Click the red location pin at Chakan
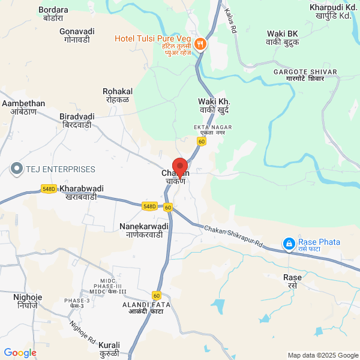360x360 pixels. pyautogui.click(x=180, y=166)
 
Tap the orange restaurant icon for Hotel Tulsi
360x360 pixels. pyautogui.click(x=200, y=44)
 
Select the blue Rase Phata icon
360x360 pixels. pyautogui.click(x=289, y=244)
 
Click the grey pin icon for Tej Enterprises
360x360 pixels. pyautogui.click(x=16, y=169)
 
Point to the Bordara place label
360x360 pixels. pyautogui.click(x=53, y=14)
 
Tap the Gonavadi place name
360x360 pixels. pyautogui.click(x=77, y=35)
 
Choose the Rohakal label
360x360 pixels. pyautogui.click(x=118, y=95)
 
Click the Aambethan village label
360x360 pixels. pyautogui.click(x=23, y=108)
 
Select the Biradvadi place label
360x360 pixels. pyautogui.click(x=77, y=121)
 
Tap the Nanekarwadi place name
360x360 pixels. pyautogui.click(x=144, y=230)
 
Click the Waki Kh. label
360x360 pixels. pyautogui.click(x=214, y=106)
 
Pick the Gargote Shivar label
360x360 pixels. pyautogui.click(x=305, y=76)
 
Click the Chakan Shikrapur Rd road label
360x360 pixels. pyautogui.click(x=234, y=238)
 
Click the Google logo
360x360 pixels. pyautogui.click(x=20, y=353)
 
